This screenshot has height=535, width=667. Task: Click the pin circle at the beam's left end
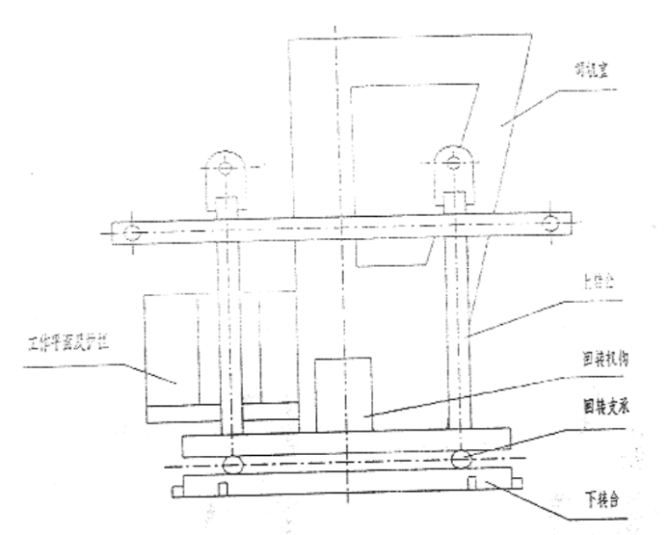pyautogui.click(x=132, y=233)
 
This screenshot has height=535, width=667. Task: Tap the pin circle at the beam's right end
pyautogui.click(x=550, y=223)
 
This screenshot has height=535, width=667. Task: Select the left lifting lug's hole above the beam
pyautogui.click(x=226, y=166)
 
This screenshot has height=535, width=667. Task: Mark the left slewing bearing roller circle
pyautogui.click(x=232, y=464)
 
